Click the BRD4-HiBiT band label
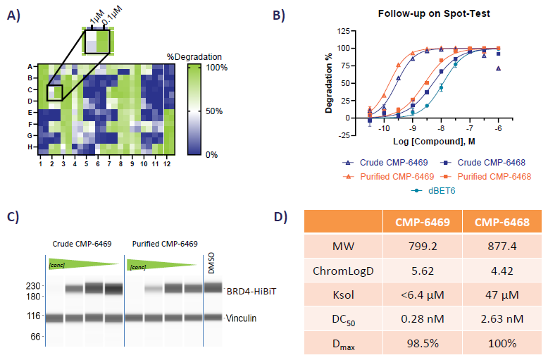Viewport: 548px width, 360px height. point(251,290)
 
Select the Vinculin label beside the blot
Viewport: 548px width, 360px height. point(241,318)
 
